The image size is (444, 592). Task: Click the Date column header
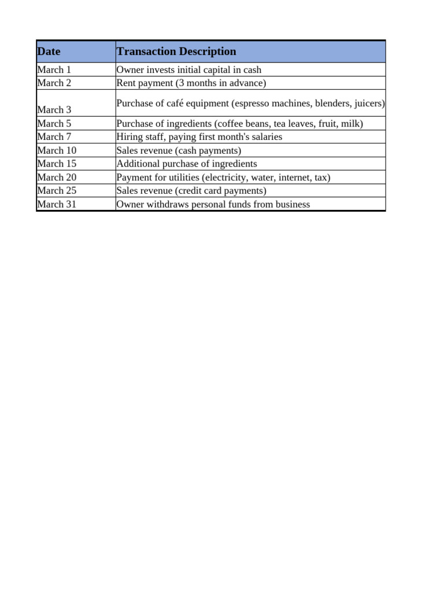tap(49, 51)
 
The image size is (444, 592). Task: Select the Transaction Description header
tap(176, 51)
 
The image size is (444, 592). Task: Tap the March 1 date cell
tap(54, 70)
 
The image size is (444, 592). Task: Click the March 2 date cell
tap(54, 83)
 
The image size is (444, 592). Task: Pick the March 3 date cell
tap(54, 110)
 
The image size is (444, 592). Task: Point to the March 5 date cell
tap(54, 124)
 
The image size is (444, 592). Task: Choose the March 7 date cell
tap(54, 137)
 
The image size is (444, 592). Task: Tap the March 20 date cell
tap(57, 177)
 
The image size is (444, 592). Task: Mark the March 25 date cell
tap(57, 191)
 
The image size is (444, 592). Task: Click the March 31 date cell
tap(57, 205)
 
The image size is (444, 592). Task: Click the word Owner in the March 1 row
tap(129, 70)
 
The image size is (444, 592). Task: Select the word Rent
tap(126, 83)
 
